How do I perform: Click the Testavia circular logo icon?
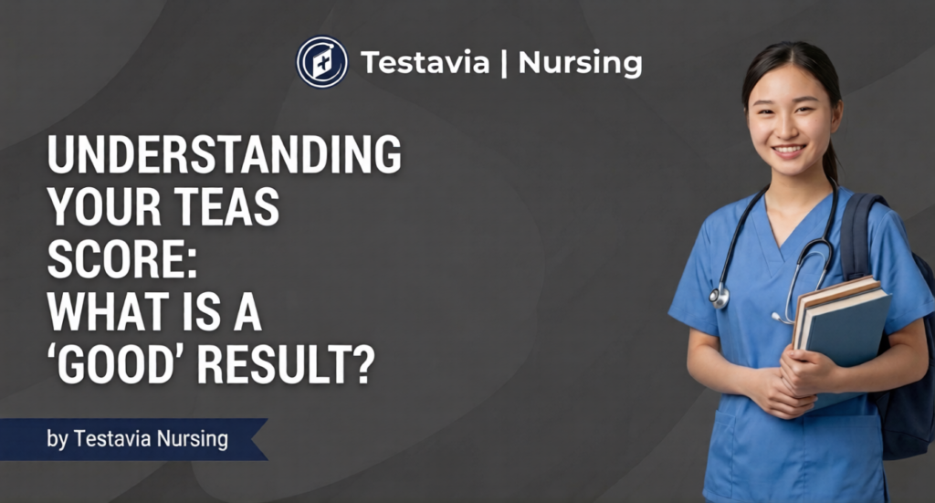(x=321, y=62)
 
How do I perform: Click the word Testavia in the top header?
(x=424, y=63)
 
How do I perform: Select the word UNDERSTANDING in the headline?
(x=225, y=157)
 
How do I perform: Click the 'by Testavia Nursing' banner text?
(x=137, y=439)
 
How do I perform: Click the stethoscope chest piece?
(x=720, y=296)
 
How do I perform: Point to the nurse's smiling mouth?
(x=787, y=150)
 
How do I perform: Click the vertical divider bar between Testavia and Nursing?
(x=505, y=63)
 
